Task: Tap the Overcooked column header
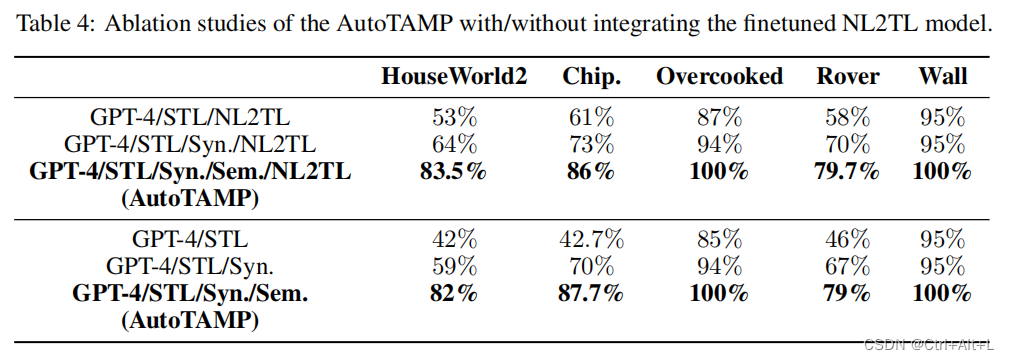[x=718, y=77]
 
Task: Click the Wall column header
[x=942, y=77]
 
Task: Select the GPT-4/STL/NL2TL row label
[x=190, y=116]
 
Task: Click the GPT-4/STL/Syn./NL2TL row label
[x=190, y=143]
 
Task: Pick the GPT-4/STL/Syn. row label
[x=190, y=267]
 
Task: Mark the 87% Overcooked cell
[x=718, y=116]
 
